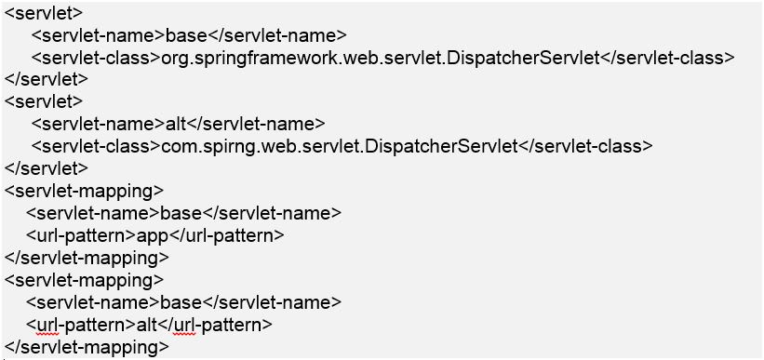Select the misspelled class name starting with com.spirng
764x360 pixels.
(x=339, y=146)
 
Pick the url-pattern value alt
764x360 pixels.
(x=147, y=325)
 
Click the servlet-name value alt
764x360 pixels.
(x=177, y=125)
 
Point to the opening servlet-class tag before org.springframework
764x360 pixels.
(x=96, y=58)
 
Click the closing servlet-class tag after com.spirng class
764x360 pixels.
(x=584, y=146)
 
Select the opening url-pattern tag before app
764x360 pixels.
(x=81, y=235)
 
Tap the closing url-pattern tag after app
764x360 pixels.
(x=226, y=235)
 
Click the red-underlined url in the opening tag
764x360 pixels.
(x=47, y=325)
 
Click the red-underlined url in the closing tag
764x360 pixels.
(x=184, y=325)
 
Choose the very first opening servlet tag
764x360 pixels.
(x=44, y=14)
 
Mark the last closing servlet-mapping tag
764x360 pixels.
(x=87, y=347)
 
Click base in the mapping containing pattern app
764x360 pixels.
(x=181, y=213)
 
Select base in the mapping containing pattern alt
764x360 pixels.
(x=181, y=302)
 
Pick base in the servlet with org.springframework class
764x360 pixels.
(x=187, y=36)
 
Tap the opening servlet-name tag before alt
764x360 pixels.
(x=99, y=125)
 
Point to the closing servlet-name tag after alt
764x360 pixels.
(x=256, y=125)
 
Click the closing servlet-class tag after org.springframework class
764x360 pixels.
(x=666, y=58)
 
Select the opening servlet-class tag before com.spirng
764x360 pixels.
(x=96, y=146)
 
